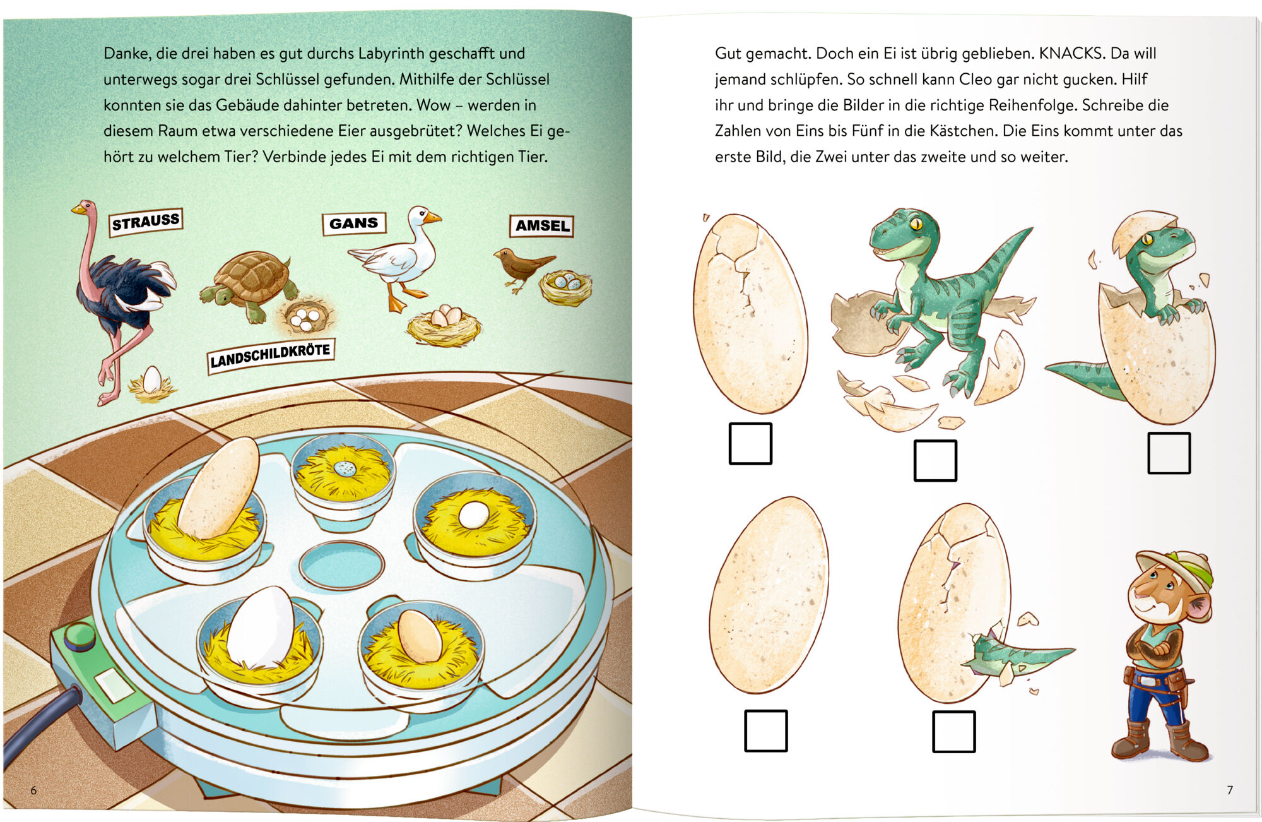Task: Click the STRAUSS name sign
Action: pyautogui.click(x=146, y=222)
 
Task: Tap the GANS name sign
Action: pyautogui.click(x=354, y=223)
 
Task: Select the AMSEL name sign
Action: pyautogui.click(x=542, y=226)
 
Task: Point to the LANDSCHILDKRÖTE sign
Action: pyautogui.click(x=271, y=356)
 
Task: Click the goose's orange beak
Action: pyautogui.click(x=432, y=218)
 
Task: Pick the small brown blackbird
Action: pyautogui.click(x=521, y=268)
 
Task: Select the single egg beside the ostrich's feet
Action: pyautogui.click(x=152, y=380)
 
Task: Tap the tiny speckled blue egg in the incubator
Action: pyautogui.click(x=345, y=468)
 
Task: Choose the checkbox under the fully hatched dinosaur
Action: pyautogui.click(x=935, y=460)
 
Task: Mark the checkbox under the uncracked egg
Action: pyautogui.click(x=766, y=730)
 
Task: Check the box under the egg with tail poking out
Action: pyautogui.click(x=954, y=732)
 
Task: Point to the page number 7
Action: pyautogui.click(x=1230, y=790)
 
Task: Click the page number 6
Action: pyautogui.click(x=33, y=790)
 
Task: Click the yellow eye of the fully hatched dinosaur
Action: pyautogui.click(x=916, y=223)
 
